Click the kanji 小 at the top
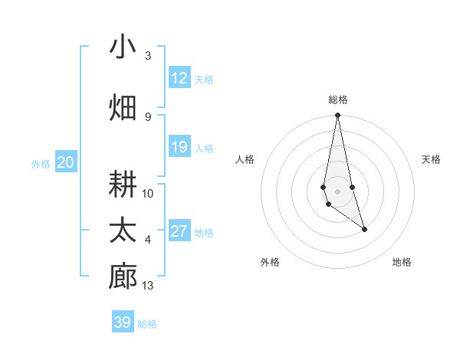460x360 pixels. [123, 47]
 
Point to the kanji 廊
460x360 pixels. [123, 277]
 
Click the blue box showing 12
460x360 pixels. [179, 78]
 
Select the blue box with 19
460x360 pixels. [179, 147]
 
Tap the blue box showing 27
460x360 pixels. [179, 231]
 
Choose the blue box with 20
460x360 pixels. [66, 162]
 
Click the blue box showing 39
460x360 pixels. [123, 322]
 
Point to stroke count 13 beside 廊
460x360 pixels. [149, 286]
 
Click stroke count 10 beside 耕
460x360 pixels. [148, 194]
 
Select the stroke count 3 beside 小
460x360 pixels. [148, 56]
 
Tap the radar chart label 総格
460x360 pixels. [338, 100]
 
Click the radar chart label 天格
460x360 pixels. [432, 159]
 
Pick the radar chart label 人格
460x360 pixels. [245, 159]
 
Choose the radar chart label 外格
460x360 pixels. [269, 262]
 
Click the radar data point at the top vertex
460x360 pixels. [337, 116]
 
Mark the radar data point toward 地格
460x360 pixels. [364, 229]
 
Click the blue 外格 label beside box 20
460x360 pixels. [40, 163]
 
